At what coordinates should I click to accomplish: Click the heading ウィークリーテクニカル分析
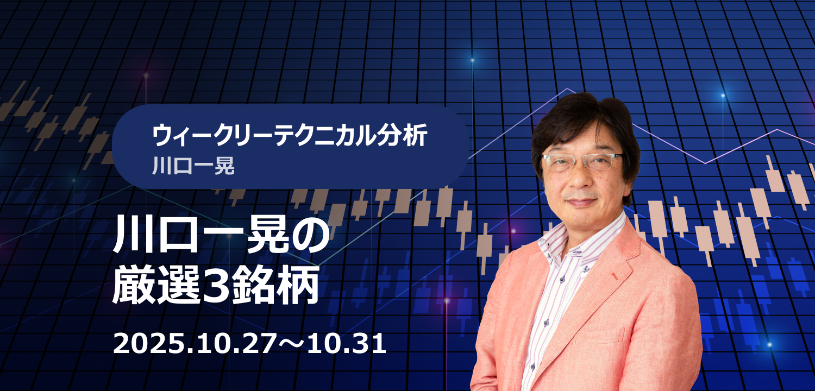[x=290, y=135]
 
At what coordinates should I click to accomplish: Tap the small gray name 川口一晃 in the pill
[x=193, y=166]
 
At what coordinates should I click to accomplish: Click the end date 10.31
[x=347, y=344]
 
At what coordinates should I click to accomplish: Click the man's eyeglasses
[x=582, y=161]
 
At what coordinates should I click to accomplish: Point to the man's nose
[x=580, y=179]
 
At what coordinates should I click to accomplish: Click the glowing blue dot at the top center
[x=473, y=60]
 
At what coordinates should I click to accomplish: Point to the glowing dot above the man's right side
[x=723, y=96]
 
